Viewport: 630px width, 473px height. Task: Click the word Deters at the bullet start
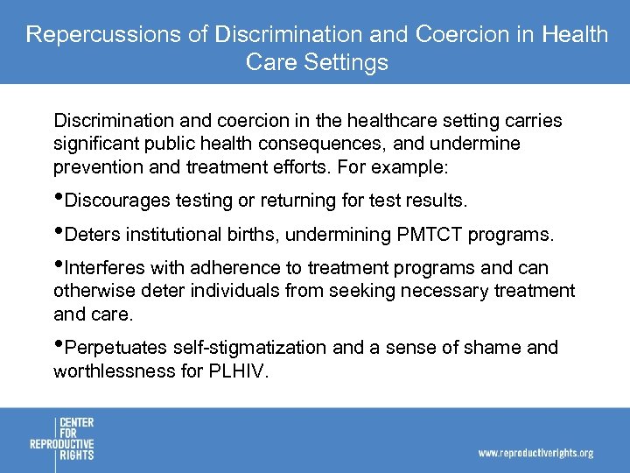coord(93,235)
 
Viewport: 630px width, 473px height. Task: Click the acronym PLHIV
coord(237,371)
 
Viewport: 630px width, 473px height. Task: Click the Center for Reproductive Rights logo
coord(62,439)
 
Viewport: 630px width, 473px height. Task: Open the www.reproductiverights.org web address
coord(535,453)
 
